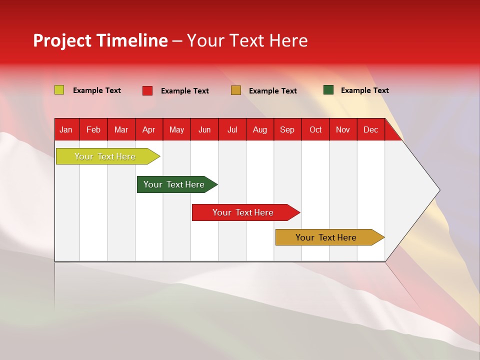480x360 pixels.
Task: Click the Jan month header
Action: pos(66,129)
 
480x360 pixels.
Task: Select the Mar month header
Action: pos(121,129)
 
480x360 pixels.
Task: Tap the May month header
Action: pos(176,129)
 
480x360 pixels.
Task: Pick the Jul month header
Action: pos(232,129)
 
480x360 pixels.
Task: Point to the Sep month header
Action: pos(287,129)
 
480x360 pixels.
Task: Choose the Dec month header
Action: pos(370,129)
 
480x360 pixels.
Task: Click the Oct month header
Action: pos(315,129)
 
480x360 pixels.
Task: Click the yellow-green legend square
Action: pos(59,90)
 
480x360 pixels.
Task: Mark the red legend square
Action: pos(147,90)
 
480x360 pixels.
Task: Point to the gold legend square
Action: pos(236,90)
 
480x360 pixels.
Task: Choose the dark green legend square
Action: pos(328,90)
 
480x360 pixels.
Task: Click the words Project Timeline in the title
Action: pos(100,40)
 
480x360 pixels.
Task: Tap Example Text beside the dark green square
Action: pos(364,90)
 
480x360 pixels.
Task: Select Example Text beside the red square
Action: pos(184,91)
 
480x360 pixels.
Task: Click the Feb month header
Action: pos(93,129)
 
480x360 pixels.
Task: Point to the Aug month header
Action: pos(259,129)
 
